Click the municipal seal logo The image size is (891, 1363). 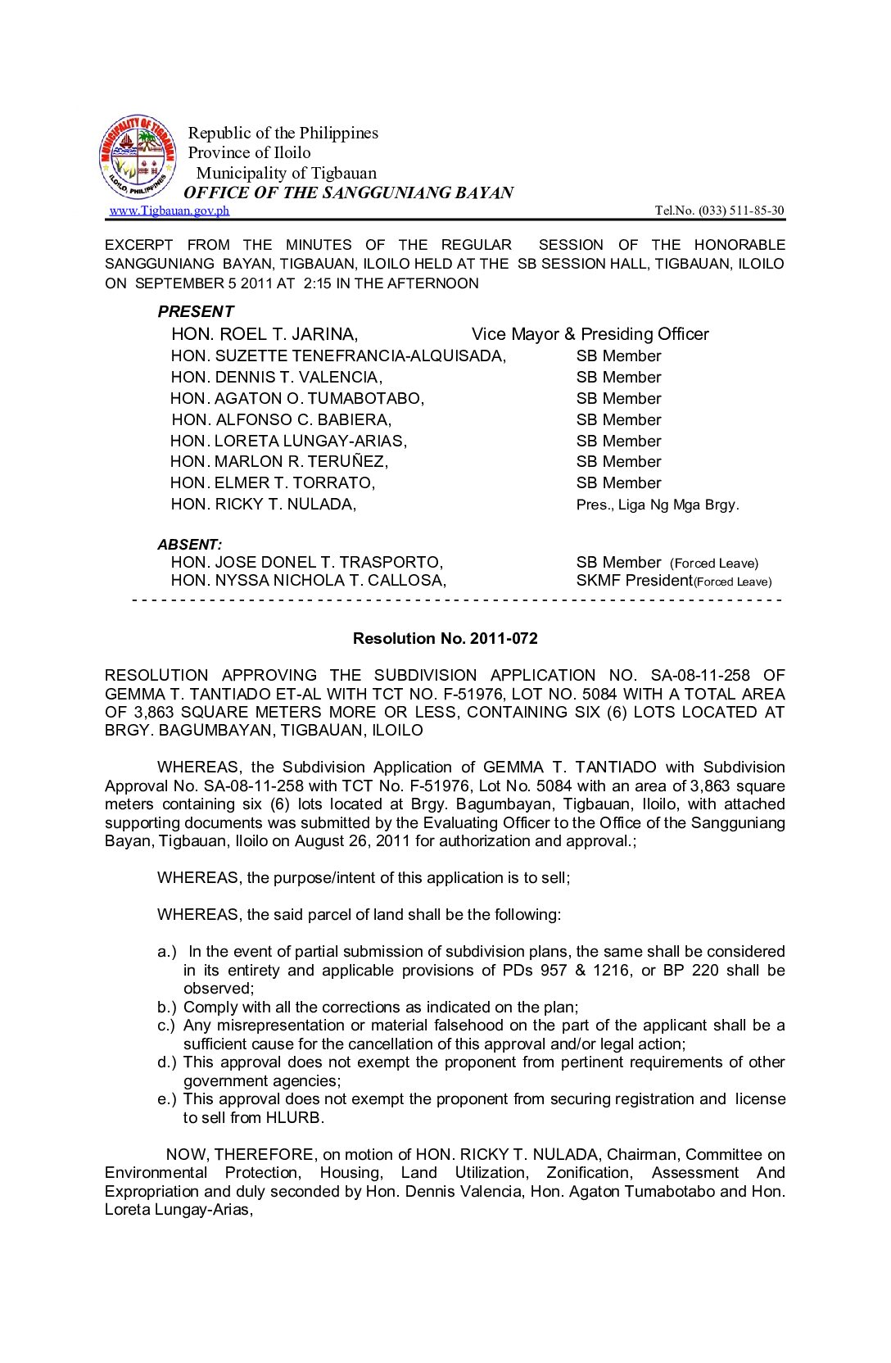point(138,156)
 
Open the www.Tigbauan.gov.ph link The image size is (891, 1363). point(170,211)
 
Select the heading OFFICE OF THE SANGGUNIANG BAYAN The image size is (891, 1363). point(348,192)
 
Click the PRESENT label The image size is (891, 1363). point(196,311)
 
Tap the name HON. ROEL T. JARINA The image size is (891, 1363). point(265,334)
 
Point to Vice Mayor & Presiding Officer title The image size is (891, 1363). point(590,334)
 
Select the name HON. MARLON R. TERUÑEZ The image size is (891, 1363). point(279,462)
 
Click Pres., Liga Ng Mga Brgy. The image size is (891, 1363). point(657,505)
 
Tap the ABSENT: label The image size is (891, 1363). point(190,545)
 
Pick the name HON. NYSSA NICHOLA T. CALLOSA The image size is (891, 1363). point(309,581)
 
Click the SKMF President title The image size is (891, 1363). point(634,581)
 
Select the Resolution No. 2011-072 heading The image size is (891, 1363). point(445,638)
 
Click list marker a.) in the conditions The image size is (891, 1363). point(166,952)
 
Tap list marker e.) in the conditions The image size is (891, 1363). point(166,1099)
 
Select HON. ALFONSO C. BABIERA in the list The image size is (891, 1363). point(281,419)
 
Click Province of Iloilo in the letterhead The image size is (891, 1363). point(249,152)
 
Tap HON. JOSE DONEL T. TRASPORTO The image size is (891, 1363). point(307,563)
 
